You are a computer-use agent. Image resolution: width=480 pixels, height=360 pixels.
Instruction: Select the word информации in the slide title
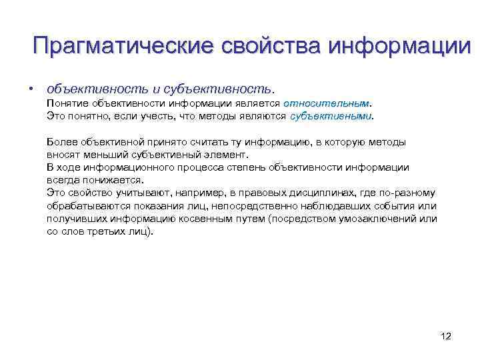coord(393,47)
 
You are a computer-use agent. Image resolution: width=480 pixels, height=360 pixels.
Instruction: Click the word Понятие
coord(67,103)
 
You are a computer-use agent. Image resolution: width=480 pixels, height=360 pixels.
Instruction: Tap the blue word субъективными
coord(331,115)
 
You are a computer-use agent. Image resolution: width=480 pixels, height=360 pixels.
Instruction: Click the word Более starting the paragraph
coord(62,141)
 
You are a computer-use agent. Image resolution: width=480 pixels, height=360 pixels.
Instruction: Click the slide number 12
coord(446,336)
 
